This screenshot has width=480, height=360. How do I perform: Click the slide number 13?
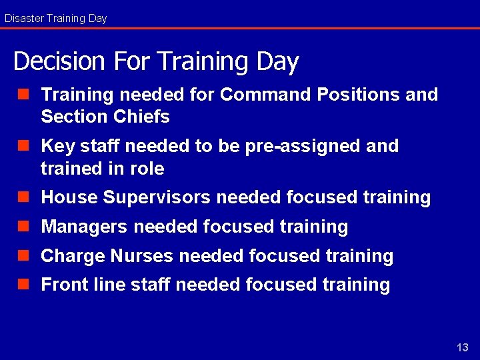click(463, 347)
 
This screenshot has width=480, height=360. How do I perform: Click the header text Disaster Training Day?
click(56, 19)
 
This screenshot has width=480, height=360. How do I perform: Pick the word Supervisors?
click(157, 198)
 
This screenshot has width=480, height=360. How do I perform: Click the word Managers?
click(85, 227)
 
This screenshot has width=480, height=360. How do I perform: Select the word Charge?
click(73, 256)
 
